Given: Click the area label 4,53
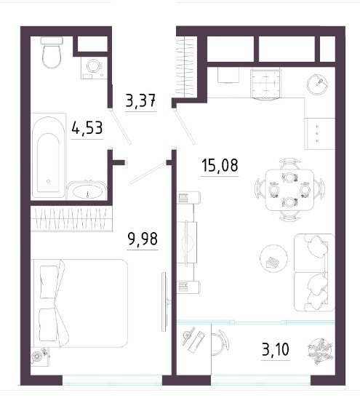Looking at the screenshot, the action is pos(87,128).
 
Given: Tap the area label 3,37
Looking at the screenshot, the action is pos(140,100).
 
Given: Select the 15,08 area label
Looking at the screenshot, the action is pos(220,165).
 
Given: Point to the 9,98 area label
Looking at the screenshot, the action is pos(143,239).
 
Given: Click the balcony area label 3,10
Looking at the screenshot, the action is pos(276,349).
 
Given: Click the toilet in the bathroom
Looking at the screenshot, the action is pos(52,52).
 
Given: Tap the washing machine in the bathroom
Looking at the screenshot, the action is pos(93,68).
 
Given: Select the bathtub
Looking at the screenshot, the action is pos(48,157).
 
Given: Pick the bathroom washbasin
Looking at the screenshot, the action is pos(87,191).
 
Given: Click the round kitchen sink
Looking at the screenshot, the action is pos(317,84).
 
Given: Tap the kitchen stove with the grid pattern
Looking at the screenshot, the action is pos(265,84).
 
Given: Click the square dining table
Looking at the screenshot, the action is pos(289,190).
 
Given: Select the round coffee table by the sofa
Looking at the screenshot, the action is pos(273,258).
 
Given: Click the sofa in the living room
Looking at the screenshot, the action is pos(315,273).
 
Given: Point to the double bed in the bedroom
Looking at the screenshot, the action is pos(79,303).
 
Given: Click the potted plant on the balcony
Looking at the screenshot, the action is pos(320,350).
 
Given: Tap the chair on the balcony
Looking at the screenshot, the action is pos(220,343).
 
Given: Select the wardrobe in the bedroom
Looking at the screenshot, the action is pos(71,218).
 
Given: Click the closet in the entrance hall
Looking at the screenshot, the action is pos(186,66).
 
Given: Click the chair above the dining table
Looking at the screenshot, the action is pos(289,164).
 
